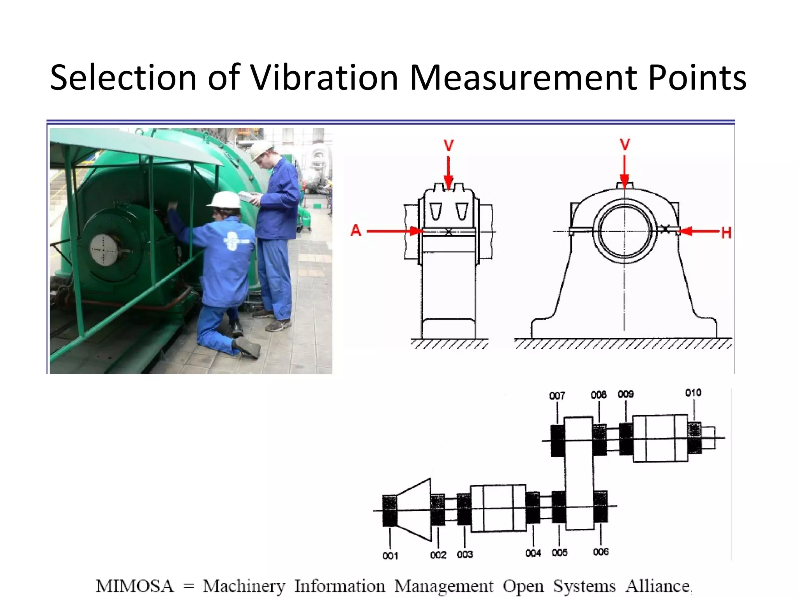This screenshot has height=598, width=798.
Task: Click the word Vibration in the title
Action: (x=324, y=77)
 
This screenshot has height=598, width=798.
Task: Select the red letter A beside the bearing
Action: (x=356, y=231)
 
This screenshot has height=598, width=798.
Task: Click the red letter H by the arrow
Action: (x=726, y=233)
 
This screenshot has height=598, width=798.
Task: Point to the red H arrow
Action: (x=699, y=231)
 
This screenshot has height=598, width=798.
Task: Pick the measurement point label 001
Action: (x=390, y=556)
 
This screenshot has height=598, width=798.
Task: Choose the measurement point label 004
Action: (x=533, y=553)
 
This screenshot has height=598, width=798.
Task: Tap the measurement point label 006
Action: (x=600, y=552)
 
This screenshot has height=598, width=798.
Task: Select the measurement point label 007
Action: (x=557, y=396)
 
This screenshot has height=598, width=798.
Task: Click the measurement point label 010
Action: (x=693, y=393)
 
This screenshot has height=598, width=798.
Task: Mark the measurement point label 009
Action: (x=625, y=394)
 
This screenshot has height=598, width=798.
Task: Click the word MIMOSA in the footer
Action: (x=135, y=586)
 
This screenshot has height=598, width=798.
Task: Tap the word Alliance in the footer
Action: (x=658, y=586)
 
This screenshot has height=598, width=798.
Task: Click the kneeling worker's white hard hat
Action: (x=225, y=200)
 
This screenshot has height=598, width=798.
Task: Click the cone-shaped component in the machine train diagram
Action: (x=414, y=510)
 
